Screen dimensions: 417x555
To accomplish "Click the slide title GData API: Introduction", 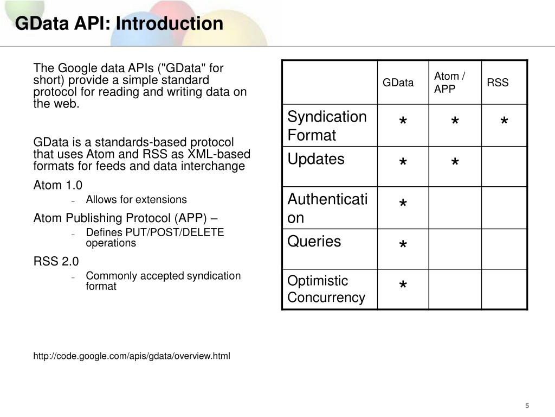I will pyautogui.click(x=119, y=24).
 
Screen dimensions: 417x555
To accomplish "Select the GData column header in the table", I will pyautogui.click(x=398, y=83).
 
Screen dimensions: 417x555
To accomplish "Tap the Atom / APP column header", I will pyautogui.click(x=449, y=82).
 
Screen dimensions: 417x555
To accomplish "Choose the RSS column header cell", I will pyautogui.click(x=498, y=83).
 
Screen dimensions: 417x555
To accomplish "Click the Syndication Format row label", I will pyautogui.click(x=327, y=125).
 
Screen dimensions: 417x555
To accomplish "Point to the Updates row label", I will pyautogui.click(x=316, y=159).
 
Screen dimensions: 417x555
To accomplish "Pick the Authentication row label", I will pyautogui.click(x=327, y=208).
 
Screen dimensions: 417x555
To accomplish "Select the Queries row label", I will pyautogui.click(x=314, y=241).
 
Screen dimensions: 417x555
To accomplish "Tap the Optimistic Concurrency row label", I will pyautogui.click(x=326, y=289).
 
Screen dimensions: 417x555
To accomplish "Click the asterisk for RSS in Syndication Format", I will pyautogui.click(x=504, y=122).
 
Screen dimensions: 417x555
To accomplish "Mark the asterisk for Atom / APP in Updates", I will pyautogui.click(x=455, y=163).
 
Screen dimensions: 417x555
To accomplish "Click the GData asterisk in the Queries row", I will pyautogui.click(x=403, y=247).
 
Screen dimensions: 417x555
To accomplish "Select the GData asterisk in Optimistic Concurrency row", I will pyautogui.click(x=403, y=286).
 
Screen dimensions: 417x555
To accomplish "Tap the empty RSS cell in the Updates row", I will pyautogui.click(x=504, y=167).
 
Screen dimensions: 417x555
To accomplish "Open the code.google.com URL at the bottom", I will pyautogui.click(x=132, y=356).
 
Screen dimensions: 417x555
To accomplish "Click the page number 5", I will pyautogui.click(x=526, y=406).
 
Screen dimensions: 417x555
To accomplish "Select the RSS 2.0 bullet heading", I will pyautogui.click(x=56, y=261).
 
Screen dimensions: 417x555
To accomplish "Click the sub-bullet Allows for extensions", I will pyautogui.click(x=136, y=199).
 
